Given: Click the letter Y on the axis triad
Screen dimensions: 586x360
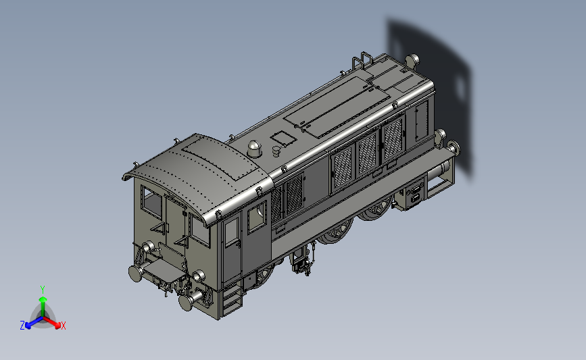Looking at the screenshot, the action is pos(43,290).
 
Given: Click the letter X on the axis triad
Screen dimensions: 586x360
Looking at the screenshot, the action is pos(63,326).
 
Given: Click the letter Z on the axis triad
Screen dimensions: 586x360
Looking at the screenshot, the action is pos(22,326).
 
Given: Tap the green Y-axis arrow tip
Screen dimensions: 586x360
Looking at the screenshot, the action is pos(43,299).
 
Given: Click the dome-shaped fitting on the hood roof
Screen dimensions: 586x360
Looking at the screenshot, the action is pos(255,149).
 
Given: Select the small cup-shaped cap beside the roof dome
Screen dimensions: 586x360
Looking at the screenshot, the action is pos(276,151).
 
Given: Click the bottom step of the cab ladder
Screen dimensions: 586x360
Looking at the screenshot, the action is pos(232,309).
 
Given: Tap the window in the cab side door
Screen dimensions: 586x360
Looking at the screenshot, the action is pos(232,231).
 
